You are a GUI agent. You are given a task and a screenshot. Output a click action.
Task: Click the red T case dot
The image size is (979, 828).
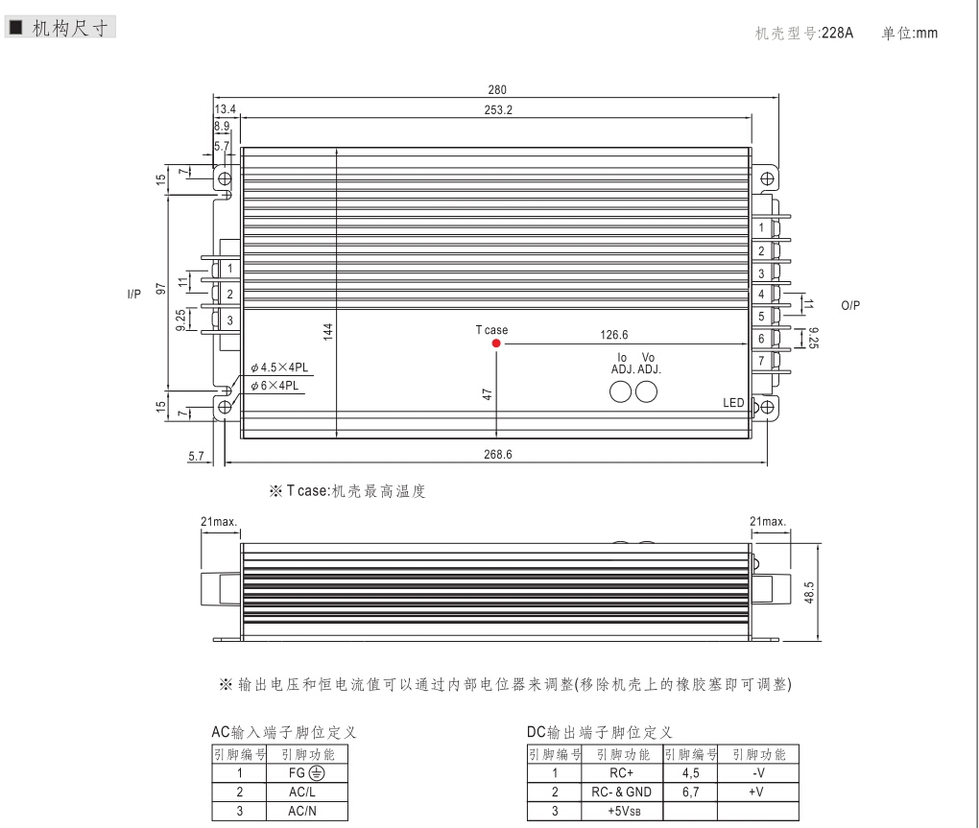[x=496, y=343]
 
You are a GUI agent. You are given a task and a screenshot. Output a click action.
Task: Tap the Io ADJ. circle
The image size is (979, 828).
[x=620, y=391]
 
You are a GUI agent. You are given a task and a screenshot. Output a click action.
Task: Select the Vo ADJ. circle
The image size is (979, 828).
[x=646, y=391]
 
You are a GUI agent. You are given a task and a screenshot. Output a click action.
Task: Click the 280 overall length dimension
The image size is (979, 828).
[x=497, y=90]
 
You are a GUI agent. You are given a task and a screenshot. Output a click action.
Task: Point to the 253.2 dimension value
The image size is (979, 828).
[x=498, y=109]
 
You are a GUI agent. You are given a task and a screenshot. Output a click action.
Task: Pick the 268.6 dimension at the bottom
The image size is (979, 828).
[x=497, y=454]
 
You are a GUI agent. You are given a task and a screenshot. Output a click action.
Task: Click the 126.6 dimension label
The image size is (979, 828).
[x=614, y=335]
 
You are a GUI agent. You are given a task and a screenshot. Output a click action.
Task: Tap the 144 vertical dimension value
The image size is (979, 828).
[x=328, y=331]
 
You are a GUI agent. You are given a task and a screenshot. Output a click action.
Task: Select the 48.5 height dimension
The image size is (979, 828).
[x=809, y=593]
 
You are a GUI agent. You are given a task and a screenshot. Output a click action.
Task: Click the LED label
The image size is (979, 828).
[x=733, y=403]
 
